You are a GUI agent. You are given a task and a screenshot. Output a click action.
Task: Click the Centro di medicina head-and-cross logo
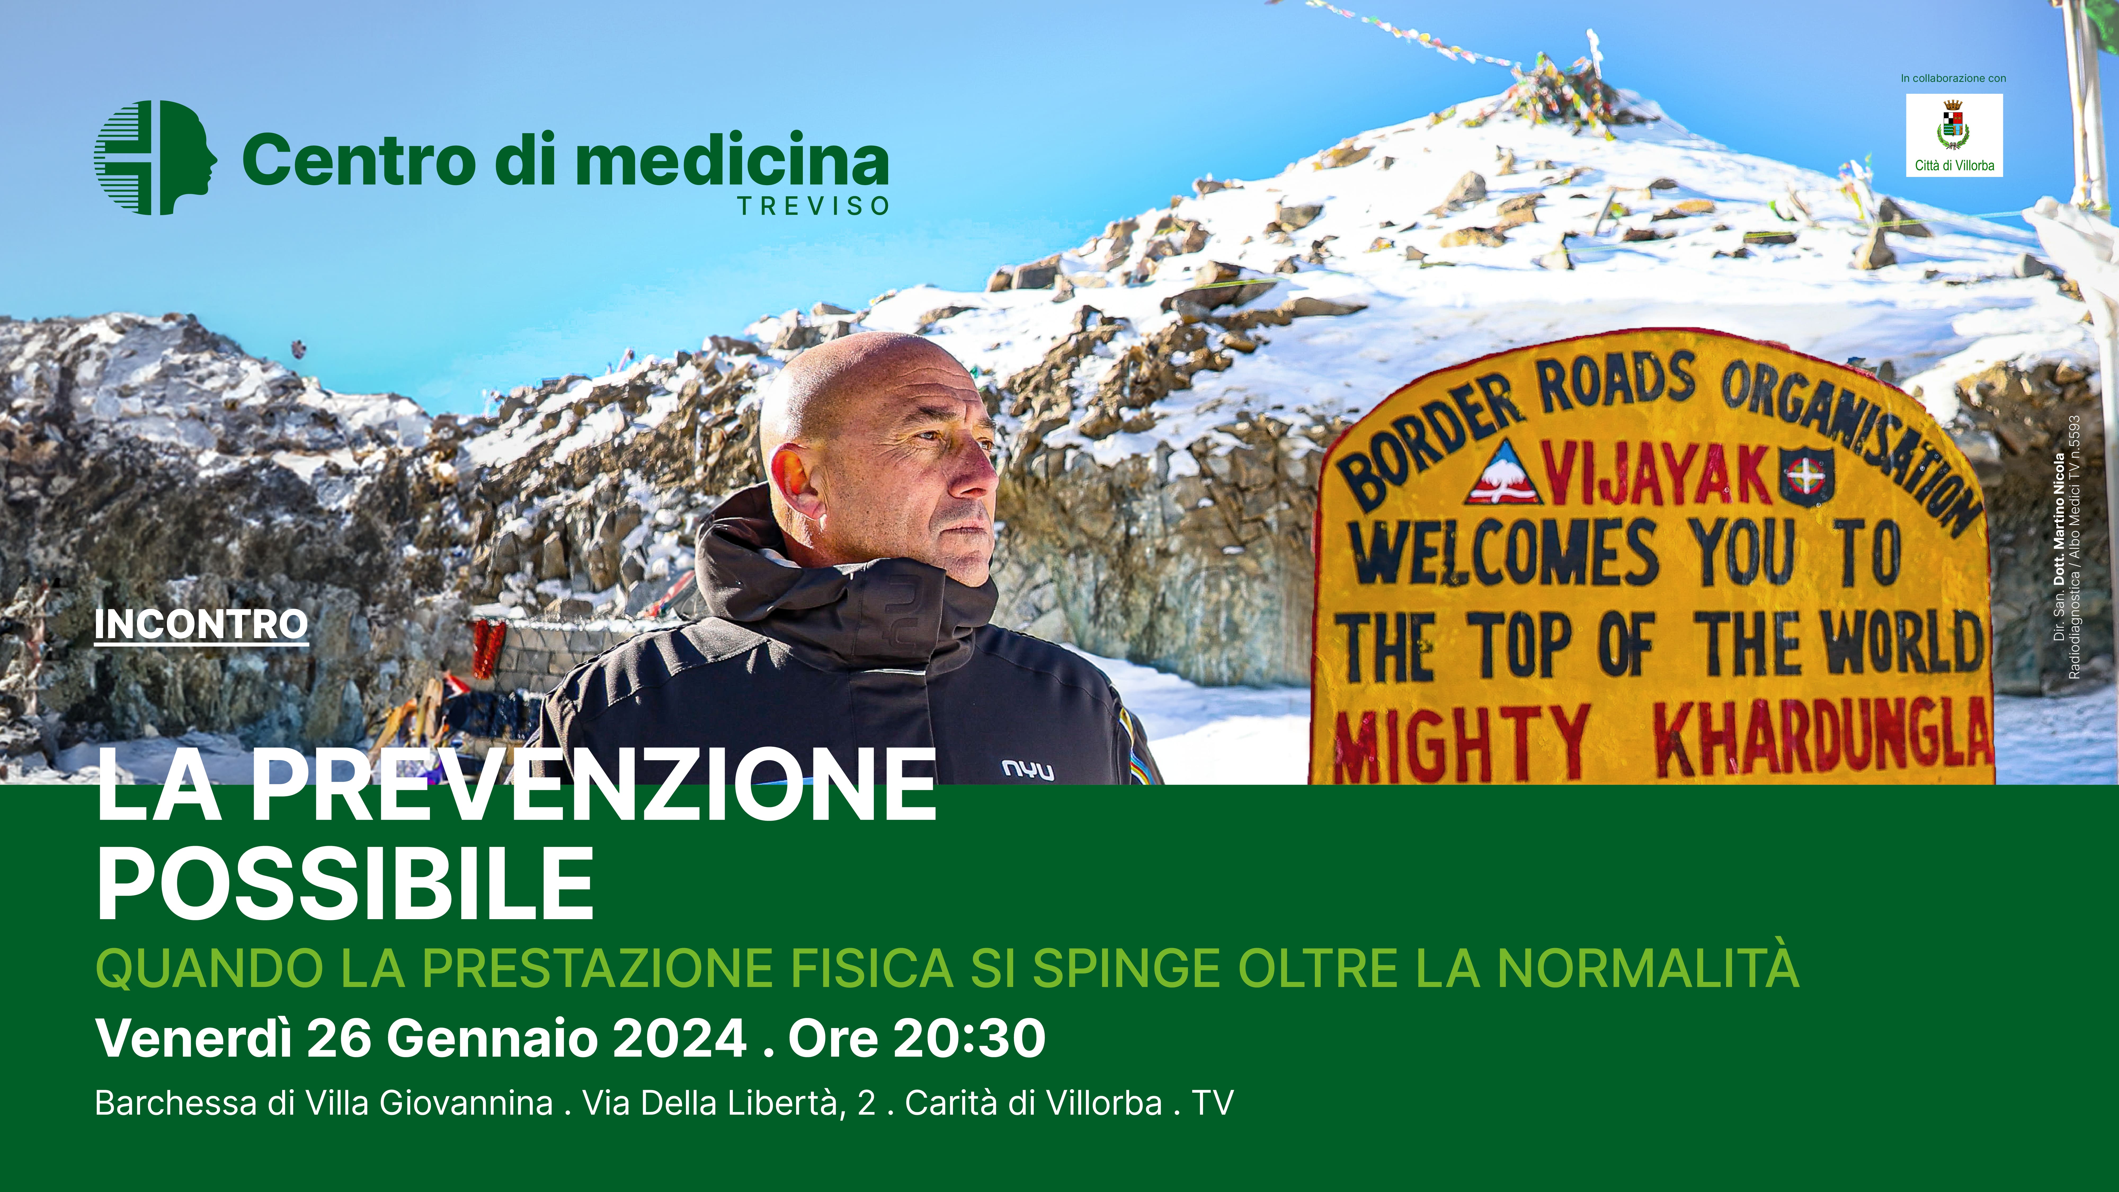[x=155, y=158]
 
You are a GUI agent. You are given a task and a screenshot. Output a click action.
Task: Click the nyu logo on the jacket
[x=1027, y=770]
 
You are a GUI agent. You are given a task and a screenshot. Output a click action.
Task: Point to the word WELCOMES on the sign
[x=1505, y=553]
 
